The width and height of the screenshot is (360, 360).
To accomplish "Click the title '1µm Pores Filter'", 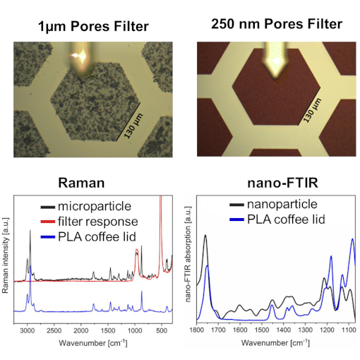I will point(93,28).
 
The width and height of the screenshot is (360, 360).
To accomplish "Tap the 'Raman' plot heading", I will point(84,184).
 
